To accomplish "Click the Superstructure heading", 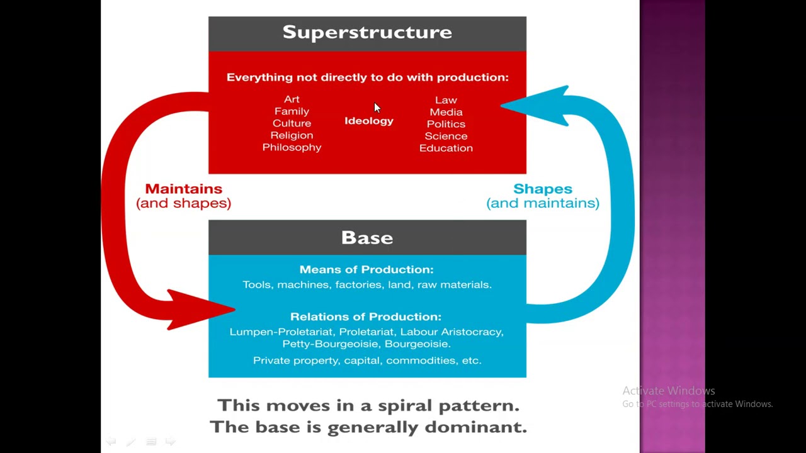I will pyautogui.click(x=367, y=33).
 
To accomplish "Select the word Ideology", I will pyautogui.click(x=369, y=121).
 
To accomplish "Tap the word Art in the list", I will pyautogui.click(x=292, y=99).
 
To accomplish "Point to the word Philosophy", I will pyautogui.click(x=292, y=147).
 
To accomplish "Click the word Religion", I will pyautogui.click(x=292, y=135).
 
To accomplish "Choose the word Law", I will pyautogui.click(x=446, y=100).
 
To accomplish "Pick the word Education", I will pyautogui.click(x=446, y=148).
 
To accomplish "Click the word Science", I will pyautogui.click(x=446, y=136).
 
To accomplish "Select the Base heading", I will pyautogui.click(x=367, y=238).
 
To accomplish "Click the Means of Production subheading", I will pyautogui.click(x=366, y=269).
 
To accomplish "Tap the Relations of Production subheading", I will pyautogui.click(x=366, y=316).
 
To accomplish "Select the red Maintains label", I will pyautogui.click(x=183, y=189).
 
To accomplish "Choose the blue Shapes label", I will pyautogui.click(x=542, y=189).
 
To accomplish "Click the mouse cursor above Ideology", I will pyautogui.click(x=377, y=108).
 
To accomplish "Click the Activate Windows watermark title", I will pyautogui.click(x=668, y=391).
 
